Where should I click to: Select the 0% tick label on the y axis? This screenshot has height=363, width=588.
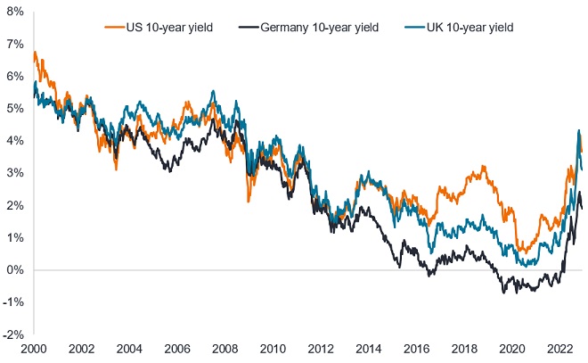(15, 270)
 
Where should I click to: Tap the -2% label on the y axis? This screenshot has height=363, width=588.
(13, 335)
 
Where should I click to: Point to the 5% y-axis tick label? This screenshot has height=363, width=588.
(15, 109)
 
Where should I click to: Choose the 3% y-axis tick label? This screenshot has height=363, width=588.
(15, 173)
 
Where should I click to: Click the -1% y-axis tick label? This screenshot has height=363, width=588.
(13, 303)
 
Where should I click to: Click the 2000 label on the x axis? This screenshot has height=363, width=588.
(33, 349)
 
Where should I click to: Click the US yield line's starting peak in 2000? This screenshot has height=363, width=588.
(35, 53)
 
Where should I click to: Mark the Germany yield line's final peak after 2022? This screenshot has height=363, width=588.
(579, 193)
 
